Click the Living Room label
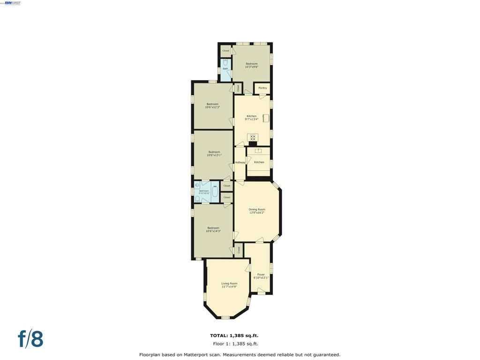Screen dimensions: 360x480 pos(229,285)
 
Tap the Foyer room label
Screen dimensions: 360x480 pos(261,276)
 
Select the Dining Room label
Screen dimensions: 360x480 pos(257,211)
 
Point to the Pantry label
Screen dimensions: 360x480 pos(262,88)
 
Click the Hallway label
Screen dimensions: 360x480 pos(240,162)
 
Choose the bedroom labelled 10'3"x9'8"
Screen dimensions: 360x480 pos(252,65)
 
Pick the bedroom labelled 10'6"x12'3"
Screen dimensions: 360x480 pos(212,105)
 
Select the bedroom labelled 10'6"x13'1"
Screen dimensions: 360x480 pos(214,153)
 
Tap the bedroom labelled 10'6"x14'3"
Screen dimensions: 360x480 pos(213,229)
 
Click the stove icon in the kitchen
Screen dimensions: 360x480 pos(253,137)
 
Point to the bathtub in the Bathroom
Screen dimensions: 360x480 pos(215,191)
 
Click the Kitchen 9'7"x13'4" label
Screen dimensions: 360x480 pos(252,118)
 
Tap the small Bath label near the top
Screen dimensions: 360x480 pos(225,69)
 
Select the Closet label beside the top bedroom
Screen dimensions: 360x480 pos(225,51)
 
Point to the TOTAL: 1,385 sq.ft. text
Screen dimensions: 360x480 pos(234,336)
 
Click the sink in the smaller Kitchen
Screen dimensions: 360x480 pos(258,151)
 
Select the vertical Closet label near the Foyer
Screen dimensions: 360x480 pos(239,250)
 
